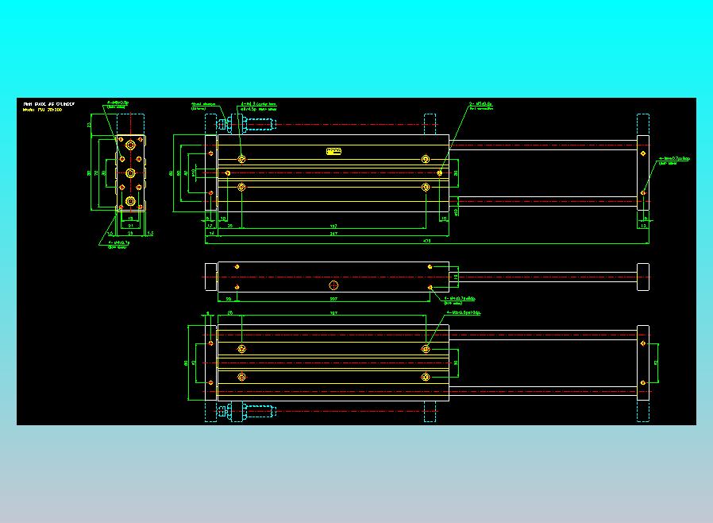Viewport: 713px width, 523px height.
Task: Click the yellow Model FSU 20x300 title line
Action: tap(44, 109)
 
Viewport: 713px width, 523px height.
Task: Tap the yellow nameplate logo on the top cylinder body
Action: tap(333, 150)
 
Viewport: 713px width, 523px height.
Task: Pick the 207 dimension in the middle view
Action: tap(333, 299)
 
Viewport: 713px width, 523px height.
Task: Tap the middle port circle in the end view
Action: tap(130, 172)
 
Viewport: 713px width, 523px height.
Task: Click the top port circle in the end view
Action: tap(130, 147)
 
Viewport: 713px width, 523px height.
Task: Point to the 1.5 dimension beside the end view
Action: tap(149, 234)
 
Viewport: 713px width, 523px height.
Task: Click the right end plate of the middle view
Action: tap(642, 277)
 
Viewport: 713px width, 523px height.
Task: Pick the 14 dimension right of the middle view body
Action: tap(455, 276)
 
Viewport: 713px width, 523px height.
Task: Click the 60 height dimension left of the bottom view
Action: tap(186, 362)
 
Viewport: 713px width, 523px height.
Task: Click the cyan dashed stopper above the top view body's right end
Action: tap(430, 124)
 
